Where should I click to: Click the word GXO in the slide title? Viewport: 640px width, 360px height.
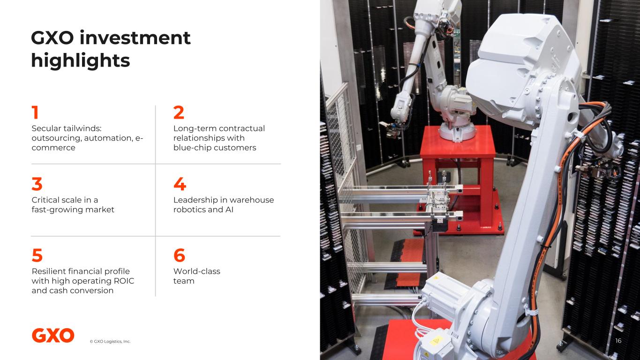click(x=53, y=37)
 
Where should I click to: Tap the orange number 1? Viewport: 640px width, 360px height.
click(x=35, y=112)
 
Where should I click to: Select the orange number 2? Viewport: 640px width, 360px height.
click(x=179, y=112)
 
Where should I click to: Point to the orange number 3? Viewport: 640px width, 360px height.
click(x=37, y=184)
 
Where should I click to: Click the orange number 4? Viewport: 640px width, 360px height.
click(x=180, y=184)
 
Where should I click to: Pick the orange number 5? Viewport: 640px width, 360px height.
click(x=37, y=255)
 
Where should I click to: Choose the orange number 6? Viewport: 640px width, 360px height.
click(x=179, y=255)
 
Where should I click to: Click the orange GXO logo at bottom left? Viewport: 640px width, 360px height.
click(x=53, y=336)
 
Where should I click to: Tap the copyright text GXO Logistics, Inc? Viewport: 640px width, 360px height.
click(x=110, y=341)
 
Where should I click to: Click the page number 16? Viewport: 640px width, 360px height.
click(x=618, y=341)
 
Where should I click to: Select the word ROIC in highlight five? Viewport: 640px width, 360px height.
click(x=124, y=281)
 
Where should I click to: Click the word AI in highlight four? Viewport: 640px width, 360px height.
click(x=229, y=210)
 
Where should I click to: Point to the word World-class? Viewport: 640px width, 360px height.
click(x=197, y=271)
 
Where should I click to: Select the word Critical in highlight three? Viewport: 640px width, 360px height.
click(x=45, y=200)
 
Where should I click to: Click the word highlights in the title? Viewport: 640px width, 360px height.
click(x=81, y=60)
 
